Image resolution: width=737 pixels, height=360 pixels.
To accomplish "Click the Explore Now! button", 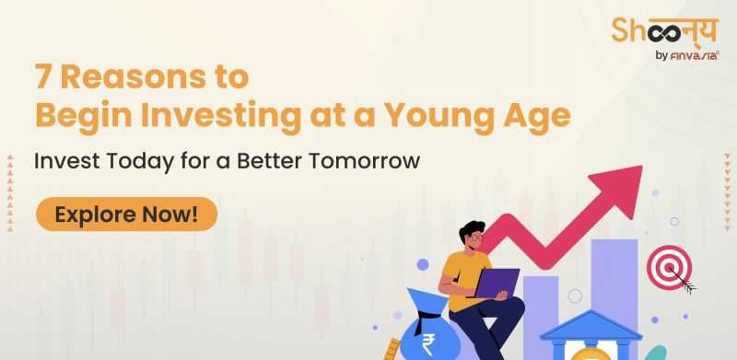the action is [x=126, y=215].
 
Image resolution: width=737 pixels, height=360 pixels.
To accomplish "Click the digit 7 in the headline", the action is [x=42, y=78].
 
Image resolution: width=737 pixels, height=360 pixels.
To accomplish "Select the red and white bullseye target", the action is [x=669, y=267].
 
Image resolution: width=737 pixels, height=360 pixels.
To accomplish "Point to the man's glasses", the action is [x=474, y=237].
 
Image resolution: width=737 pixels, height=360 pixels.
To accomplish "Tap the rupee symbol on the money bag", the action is [x=427, y=344].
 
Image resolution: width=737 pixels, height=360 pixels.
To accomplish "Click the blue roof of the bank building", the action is [x=591, y=325].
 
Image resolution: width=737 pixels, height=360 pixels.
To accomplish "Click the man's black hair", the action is [x=472, y=228].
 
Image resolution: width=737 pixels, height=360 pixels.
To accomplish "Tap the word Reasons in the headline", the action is [x=134, y=78].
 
